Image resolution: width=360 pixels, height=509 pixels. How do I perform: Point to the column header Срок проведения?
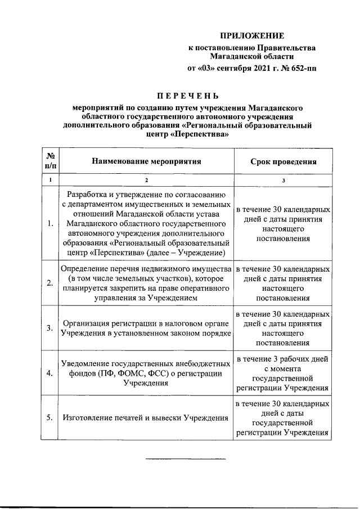[x=283, y=161]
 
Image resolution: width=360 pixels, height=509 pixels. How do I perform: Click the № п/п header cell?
[x=51, y=161]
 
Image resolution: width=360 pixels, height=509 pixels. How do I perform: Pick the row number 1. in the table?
[x=50, y=223]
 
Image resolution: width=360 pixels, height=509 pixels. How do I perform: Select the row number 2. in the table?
[x=50, y=283]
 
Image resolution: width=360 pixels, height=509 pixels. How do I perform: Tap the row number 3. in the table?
[x=50, y=327]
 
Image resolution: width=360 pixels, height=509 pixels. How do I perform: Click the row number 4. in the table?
[x=50, y=373]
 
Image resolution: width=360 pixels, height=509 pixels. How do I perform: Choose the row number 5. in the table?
[x=50, y=417]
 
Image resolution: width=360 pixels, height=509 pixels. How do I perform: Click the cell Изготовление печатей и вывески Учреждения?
[x=145, y=418]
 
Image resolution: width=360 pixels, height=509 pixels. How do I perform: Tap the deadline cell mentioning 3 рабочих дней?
[x=283, y=372]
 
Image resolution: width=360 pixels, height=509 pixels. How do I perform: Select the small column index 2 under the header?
[x=146, y=181]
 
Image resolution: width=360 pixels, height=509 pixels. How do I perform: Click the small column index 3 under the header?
[x=283, y=181]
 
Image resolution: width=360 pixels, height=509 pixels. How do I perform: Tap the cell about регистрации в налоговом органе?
[x=146, y=327]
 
